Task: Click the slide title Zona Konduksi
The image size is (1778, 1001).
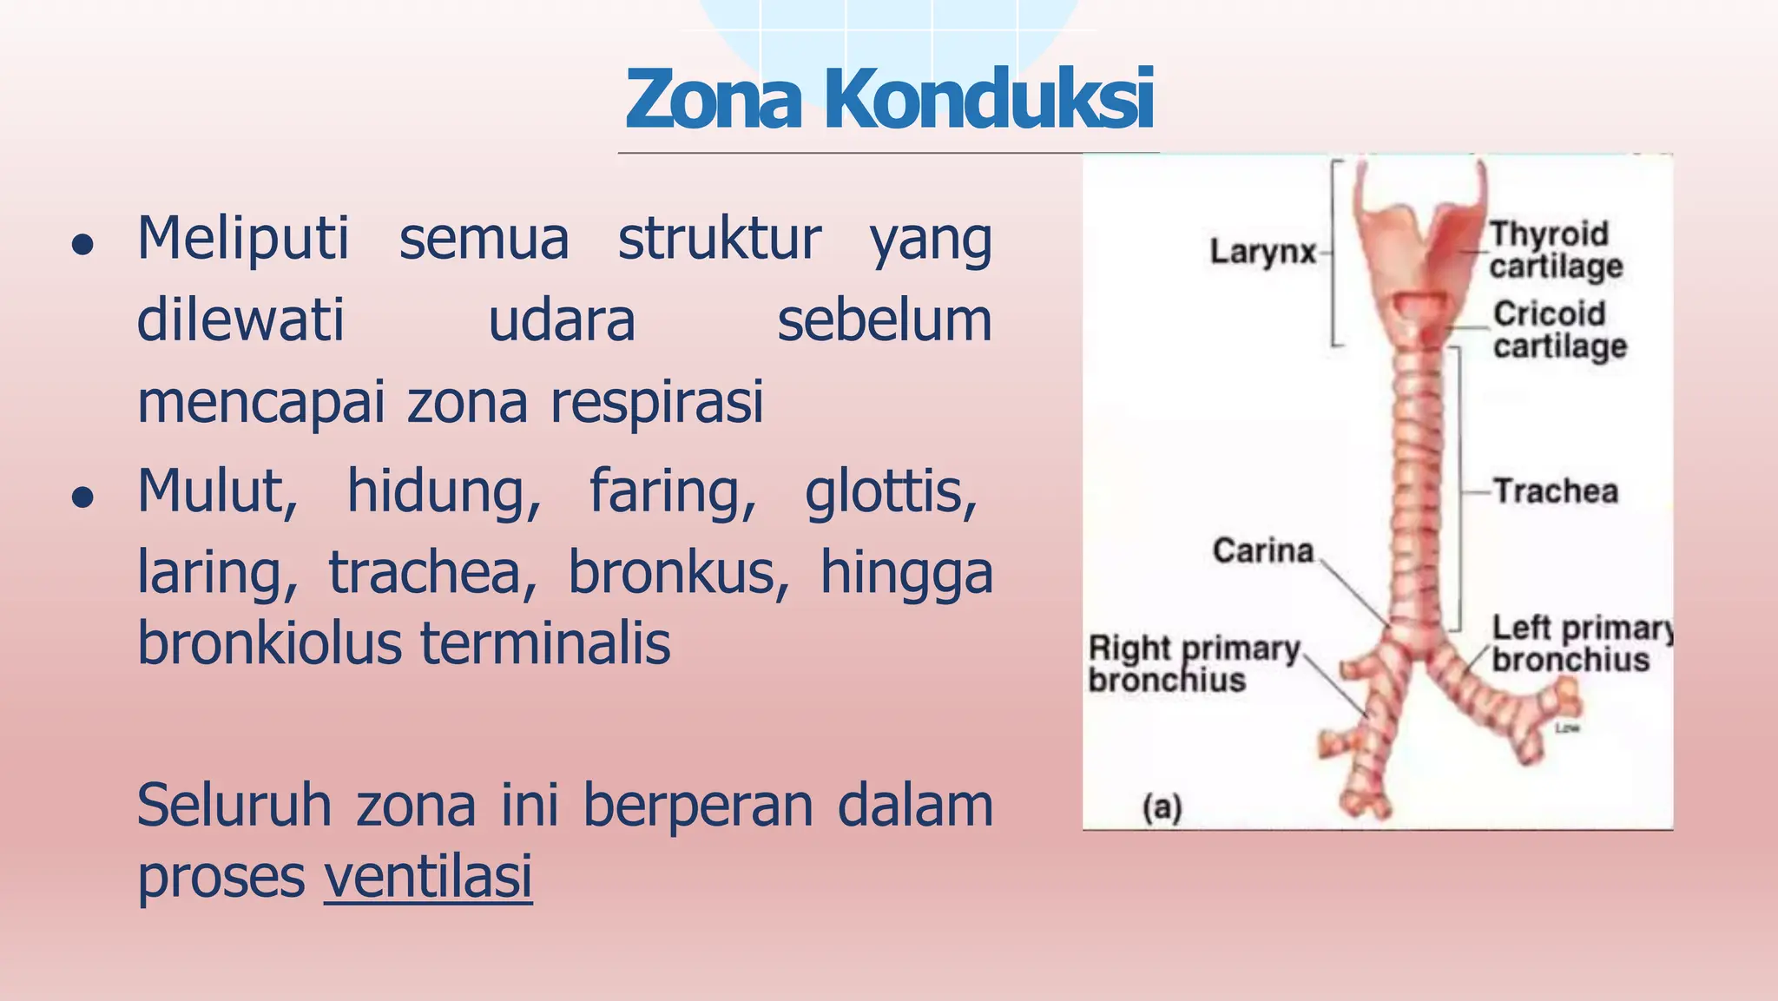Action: click(x=889, y=99)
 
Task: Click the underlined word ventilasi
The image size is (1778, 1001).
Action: click(x=428, y=876)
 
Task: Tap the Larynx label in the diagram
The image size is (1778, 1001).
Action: click(x=1263, y=253)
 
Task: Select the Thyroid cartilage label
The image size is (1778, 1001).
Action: click(x=1554, y=250)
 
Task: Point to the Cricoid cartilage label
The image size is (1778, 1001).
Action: click(x=1558, y=330)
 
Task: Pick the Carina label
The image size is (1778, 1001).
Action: click(x=1263, y=550)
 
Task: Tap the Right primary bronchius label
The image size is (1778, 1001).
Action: click(x=1194, y=664)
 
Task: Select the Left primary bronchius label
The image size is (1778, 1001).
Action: click(x=1580, y=643)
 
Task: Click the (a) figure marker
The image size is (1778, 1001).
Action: click(x=1162, y=807)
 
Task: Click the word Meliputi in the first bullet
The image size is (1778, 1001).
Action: click(x=243, y=239)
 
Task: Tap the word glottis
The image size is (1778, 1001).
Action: click(x=891, y=492)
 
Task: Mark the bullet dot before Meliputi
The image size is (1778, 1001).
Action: click(x=83, y=246)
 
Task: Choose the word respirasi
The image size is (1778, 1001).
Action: click(x=657, y=402)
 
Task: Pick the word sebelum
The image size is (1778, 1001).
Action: click(x=884, y=320)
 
